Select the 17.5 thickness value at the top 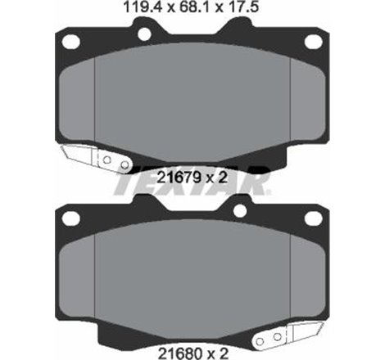pyautogui.click(x=238, y=9)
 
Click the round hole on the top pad pyautogui.click(x=146, y=34)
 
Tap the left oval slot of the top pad pyautogui.click(x=71, y=41)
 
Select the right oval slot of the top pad pyautogui.click(x=313, y=41)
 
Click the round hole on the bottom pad pyautogui.click(x=239, y=211)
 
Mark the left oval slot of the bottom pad pyautogui.click(x=71, y=218)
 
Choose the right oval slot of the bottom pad pyautogui.click(x=313, y=218)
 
